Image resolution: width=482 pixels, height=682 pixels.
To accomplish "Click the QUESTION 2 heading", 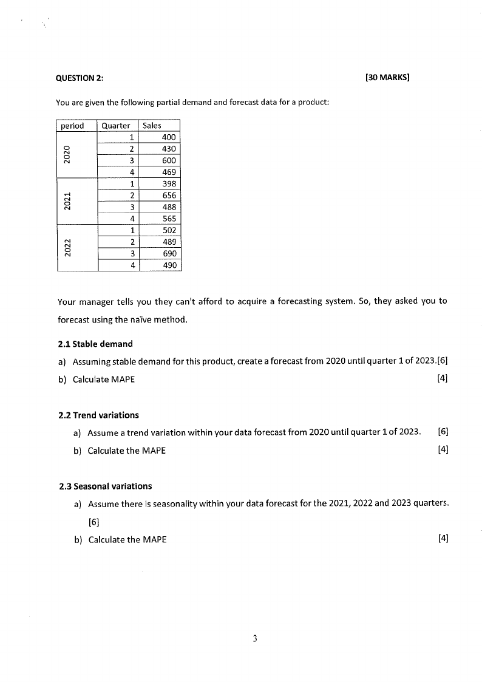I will [x=80, y=78].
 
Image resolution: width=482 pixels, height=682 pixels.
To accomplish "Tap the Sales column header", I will [x=152, y=126].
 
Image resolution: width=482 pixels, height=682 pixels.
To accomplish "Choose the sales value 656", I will [x=169, y=196].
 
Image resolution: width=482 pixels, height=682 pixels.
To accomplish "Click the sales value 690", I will [x=169, y=253].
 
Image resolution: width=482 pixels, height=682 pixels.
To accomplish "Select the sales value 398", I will [x=169, y=183].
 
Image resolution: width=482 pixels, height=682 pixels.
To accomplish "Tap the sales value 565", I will [x=169, y=219].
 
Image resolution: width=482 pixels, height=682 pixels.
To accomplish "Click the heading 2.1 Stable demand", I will [x=95, y=344].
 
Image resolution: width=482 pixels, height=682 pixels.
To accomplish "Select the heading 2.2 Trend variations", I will [x=99, y=415].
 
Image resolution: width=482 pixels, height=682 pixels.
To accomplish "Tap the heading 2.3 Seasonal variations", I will [x=106, y=486].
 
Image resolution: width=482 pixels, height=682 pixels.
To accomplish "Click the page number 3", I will [x=255, y=638].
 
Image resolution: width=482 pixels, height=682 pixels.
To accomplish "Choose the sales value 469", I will [x=169, y=172].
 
